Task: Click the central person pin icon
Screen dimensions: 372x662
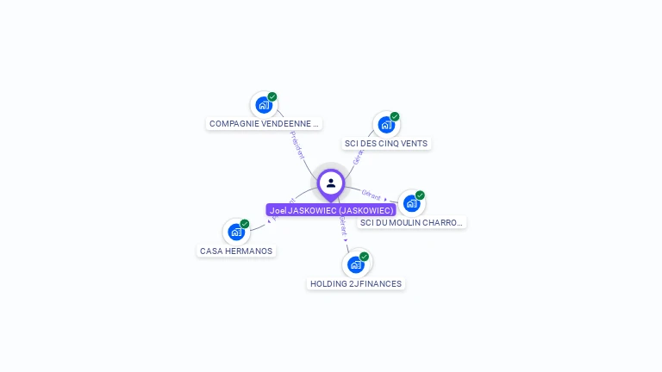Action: (x=331, y=183)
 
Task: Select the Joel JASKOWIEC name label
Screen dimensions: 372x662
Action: (x=331, y=210)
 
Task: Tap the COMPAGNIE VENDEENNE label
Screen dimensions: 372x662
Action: (x=264, y=124)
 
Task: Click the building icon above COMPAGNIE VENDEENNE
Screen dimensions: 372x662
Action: (x=263, y=105)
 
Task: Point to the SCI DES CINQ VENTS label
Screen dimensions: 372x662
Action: (x=385, y=144)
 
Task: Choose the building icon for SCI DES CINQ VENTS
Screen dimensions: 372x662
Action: (x=385, y=125)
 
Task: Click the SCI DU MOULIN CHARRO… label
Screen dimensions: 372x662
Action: (x=411, y=223)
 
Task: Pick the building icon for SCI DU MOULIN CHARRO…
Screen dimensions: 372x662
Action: (x=411, y=203)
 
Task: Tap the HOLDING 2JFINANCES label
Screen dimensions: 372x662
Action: (x=355, y=284)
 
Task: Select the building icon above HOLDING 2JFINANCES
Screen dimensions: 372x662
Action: (x=355, y=264)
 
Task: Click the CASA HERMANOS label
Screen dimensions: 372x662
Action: (x=236, y=251)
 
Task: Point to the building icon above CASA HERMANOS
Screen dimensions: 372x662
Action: (x=235, y=232)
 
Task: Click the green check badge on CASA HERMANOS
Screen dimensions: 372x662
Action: (x=245, y=224)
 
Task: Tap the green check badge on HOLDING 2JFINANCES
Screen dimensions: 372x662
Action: (x=365, y=257)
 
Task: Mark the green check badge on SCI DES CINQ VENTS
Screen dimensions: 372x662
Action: (x=395, y=116)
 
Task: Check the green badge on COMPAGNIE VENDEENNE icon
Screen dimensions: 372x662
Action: (x=272, y=96)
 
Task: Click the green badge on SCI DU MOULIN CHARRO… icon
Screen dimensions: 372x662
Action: (x=421, y=195)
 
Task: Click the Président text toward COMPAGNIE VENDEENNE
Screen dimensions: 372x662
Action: (x=297, y=145)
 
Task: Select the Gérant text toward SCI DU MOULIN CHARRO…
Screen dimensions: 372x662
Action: (x=372, y=194)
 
